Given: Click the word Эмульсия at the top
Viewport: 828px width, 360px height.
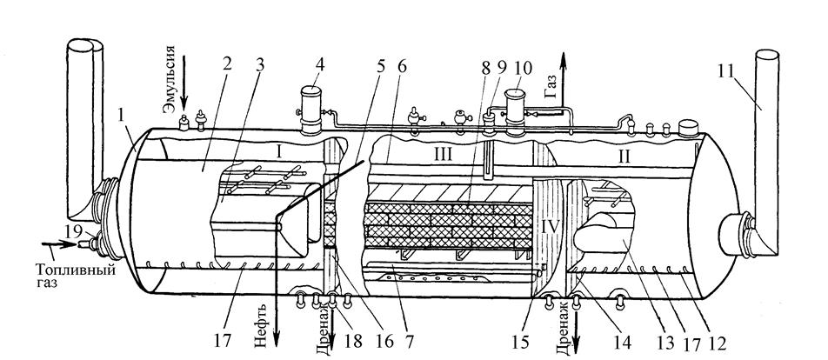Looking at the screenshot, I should [x=170, y=82].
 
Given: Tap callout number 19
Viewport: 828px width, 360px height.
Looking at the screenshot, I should [x=74, y=230].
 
